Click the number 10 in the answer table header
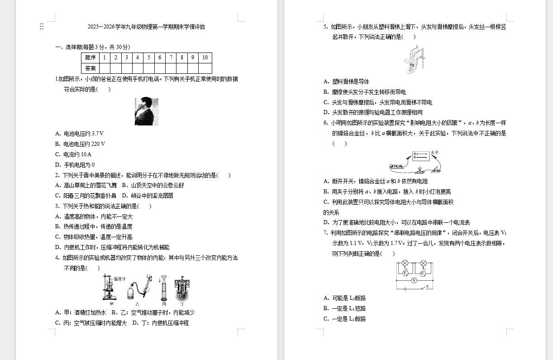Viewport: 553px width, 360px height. [x=205, y=58]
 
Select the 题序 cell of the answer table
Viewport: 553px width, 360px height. [x=91, y=58]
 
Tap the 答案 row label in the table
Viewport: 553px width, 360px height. [x=91, y=68]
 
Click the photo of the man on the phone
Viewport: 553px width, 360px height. [x=147, y=111]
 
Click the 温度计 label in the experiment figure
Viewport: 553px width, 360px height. [x=119, y=279]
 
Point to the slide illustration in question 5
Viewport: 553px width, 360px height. [x=415, y=59]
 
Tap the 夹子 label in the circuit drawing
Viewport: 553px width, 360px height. [x=435, y=152]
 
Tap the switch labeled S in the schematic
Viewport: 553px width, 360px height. [x=424, y=287]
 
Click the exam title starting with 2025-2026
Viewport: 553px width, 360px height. [x=146, y=27]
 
